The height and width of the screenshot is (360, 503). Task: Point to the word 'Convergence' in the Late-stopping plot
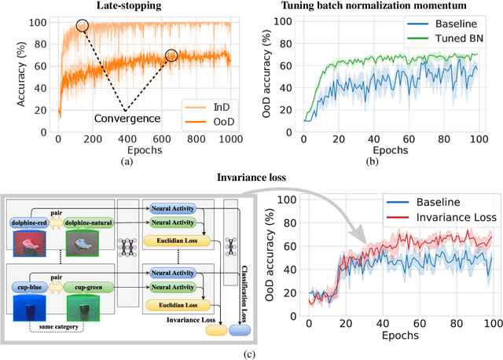click(128, 118)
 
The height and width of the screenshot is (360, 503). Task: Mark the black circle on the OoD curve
click(171, 56)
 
